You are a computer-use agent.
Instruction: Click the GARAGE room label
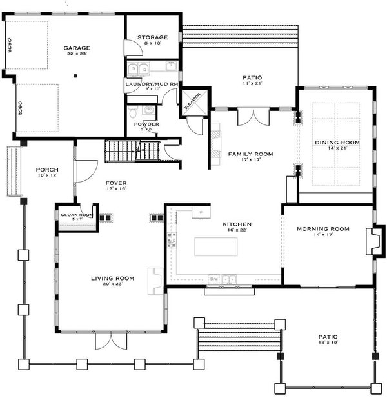[x=76, y=48]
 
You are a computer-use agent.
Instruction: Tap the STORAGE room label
[x=152, y=38]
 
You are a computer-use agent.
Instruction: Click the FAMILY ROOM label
[x=250, y=154]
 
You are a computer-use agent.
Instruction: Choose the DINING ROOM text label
[x=337, y=143]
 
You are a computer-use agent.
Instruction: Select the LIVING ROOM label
[x=112, y=278]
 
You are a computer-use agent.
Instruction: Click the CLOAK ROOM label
[x=76, y=215]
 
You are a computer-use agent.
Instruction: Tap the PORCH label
[x=47, y=170]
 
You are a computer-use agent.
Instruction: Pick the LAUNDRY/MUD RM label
[x=151, y=84]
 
